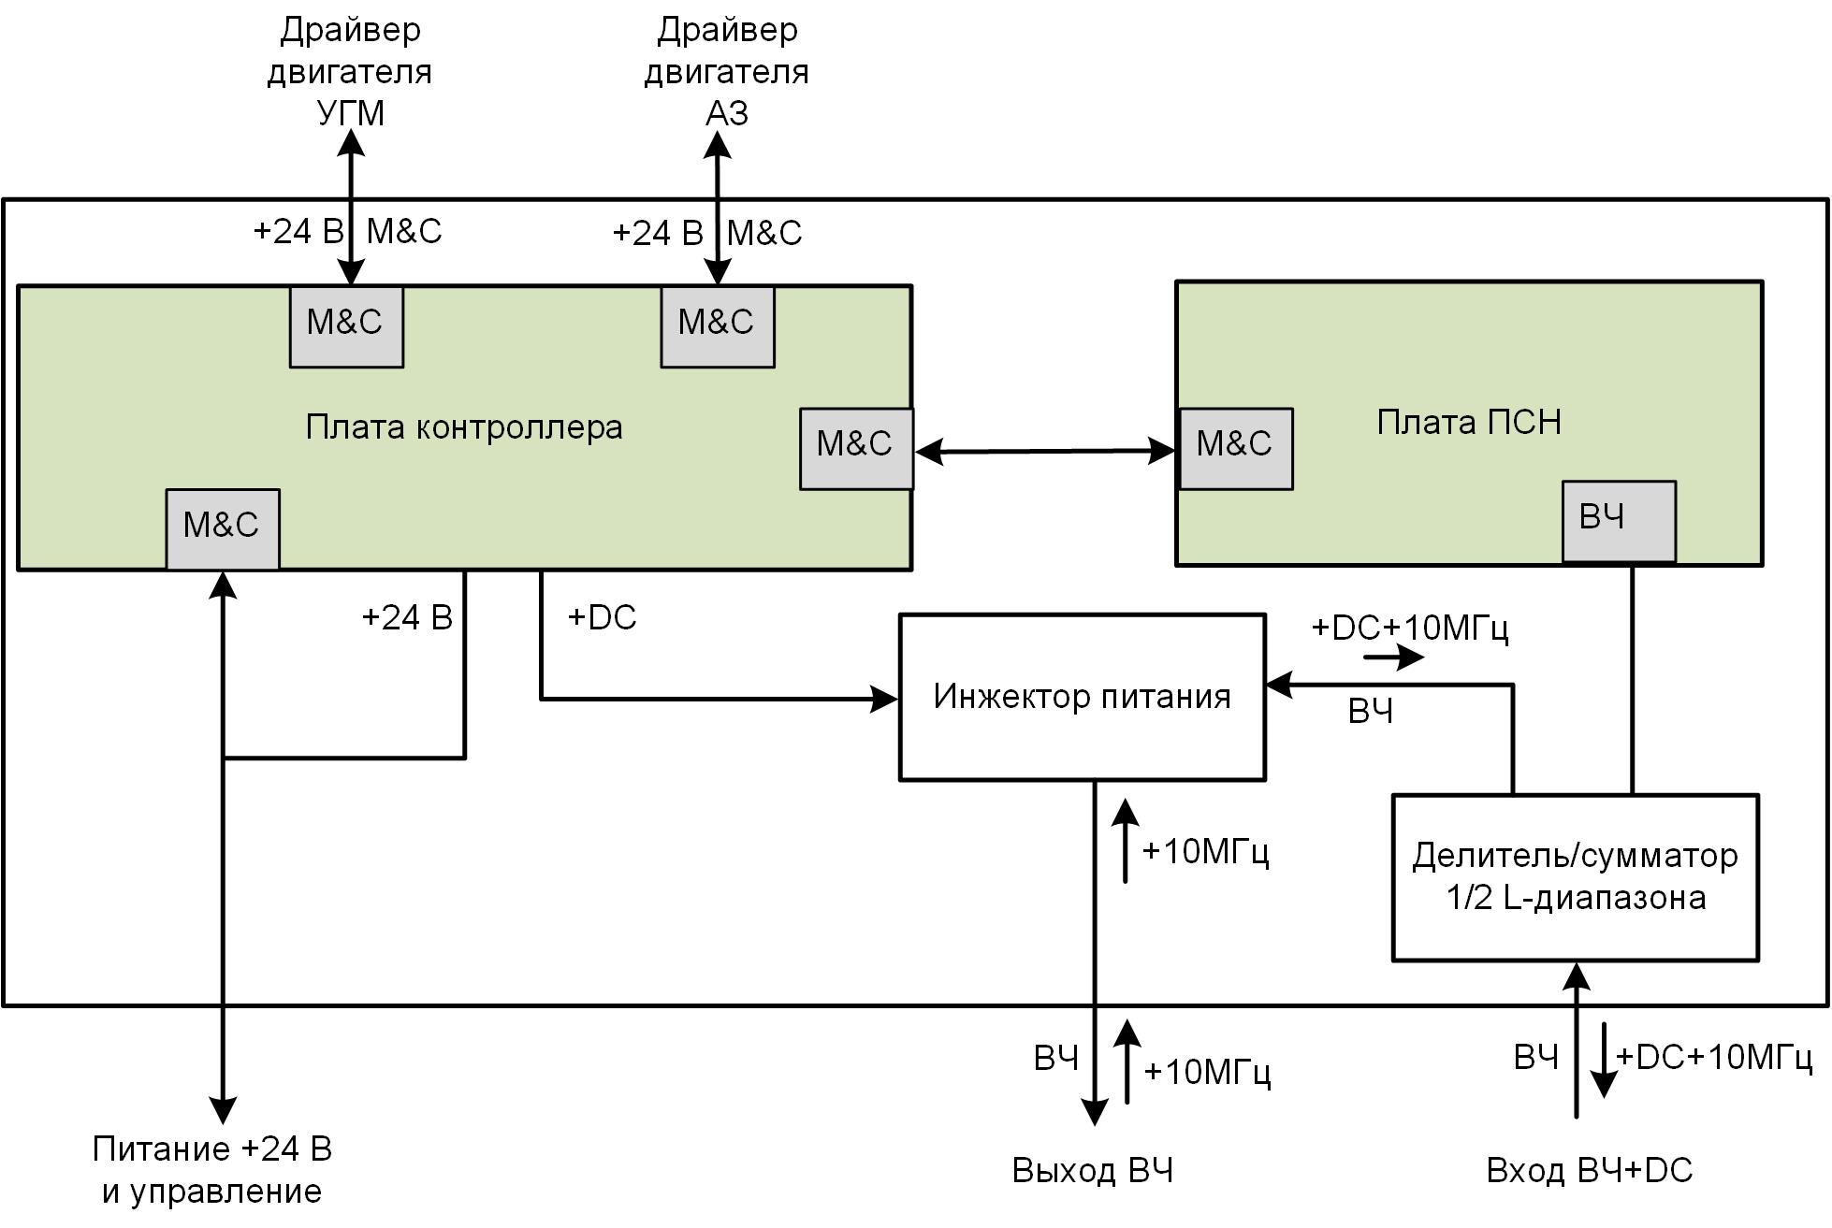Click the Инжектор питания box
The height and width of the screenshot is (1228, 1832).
click(x=1082, y=697)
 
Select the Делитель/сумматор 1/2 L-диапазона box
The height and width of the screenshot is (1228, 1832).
click(x=1575, y=877)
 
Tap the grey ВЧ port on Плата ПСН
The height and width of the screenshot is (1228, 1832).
click(x=1619, y=521)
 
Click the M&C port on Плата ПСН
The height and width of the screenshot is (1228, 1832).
click(x=1235, y=448)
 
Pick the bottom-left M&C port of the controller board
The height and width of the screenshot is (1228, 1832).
click(x=223, y=528)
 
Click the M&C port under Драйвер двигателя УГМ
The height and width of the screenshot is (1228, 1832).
click(x=346, y=325)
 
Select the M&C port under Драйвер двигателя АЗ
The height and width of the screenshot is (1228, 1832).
click(x=717, y=325)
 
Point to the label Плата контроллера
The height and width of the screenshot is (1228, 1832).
click(x=464, y=427)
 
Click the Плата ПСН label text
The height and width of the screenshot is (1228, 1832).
click(x=1469, y=423)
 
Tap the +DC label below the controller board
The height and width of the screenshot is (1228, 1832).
click(x=602, y=617)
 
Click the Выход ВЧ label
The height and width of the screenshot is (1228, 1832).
click(x=1092, y=1171)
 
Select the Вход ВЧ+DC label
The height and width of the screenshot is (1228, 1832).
click(x=1589, y=1171)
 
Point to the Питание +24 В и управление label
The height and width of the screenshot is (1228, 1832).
click(x=212, y=1169)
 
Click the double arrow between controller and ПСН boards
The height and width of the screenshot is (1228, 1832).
click(x=1044, y=452)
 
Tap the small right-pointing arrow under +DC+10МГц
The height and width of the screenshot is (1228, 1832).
click(x=1394, y=657)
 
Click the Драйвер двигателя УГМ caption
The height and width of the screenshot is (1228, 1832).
click(x=350, y=71)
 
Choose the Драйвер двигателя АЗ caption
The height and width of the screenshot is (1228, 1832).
click(x=726, y=71)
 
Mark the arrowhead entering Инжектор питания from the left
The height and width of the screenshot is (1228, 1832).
click(x=884, y=699)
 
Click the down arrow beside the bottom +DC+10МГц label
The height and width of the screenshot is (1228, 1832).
click(x=1604, y=1061)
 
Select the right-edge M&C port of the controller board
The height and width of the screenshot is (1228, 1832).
click(x=856, y=448)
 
